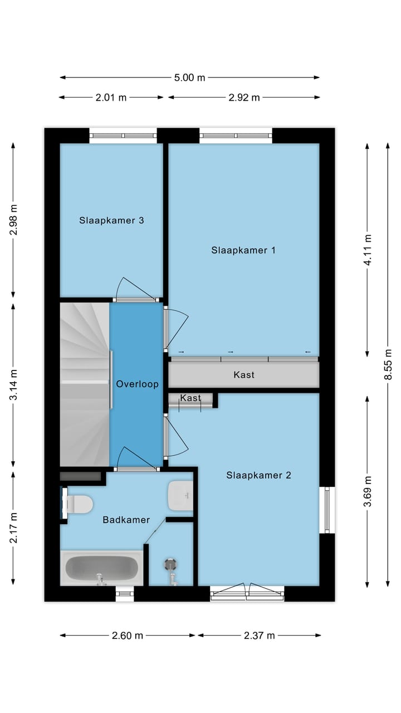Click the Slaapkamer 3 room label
click(x=111, y=220)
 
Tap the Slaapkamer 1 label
click(x=243, y=250)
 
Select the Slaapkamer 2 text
click(x=258, y=475)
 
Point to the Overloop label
click(x=137, y=384)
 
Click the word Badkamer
click(x=126, y=520)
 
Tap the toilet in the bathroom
click(x=77, y=505)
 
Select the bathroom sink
click(x=180, y=495)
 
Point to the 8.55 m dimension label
click(x=388, y=364)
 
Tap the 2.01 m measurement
click(x=111, y=97)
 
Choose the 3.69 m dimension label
click(x=367, y=491)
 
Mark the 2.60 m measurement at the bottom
click(x=128, y=636)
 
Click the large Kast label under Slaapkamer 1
click(x=244, y=375)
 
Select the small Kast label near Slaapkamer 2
click(x=190, y=398)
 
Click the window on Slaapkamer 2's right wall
click(x=327, y=510)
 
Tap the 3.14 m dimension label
click(x=14, y=385)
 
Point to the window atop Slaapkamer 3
click(x=123, y=135)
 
